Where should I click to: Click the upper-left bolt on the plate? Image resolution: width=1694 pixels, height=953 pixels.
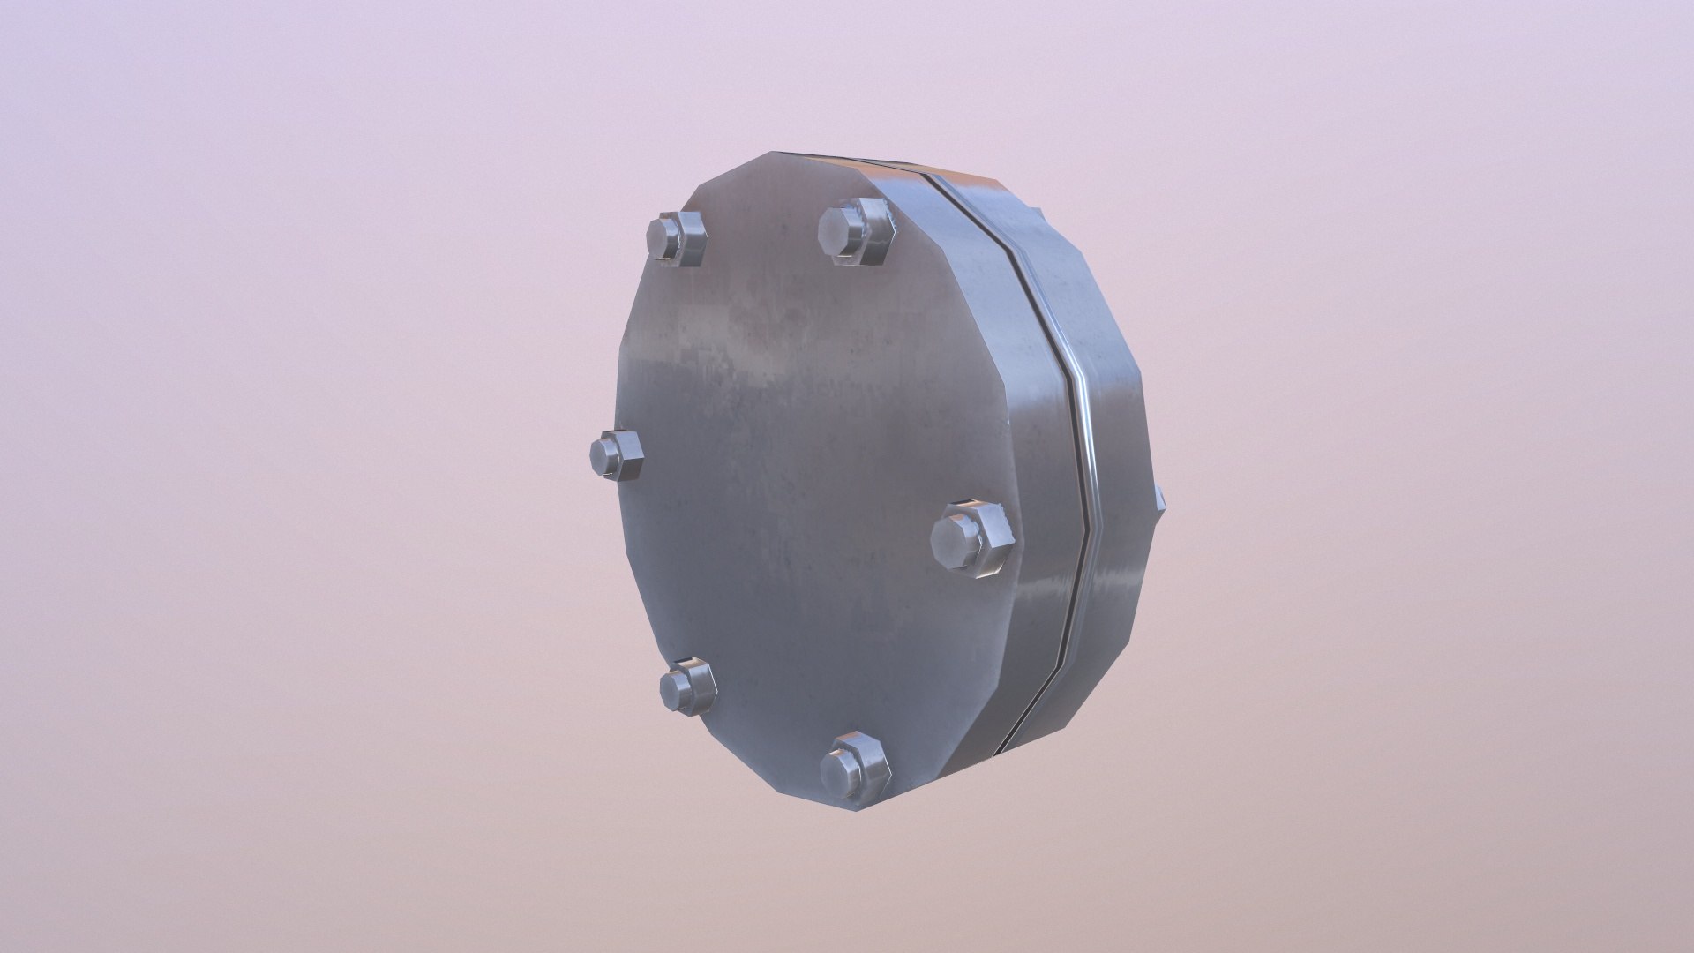(x=678, y=239)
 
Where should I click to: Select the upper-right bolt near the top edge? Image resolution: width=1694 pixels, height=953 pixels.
(x=855, y=231)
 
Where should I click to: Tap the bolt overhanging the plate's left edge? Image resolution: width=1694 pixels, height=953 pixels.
(x=617, y=455)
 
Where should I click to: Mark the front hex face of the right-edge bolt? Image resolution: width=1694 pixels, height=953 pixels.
(x=951, y=539)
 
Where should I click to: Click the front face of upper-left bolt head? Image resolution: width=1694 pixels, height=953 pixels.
(x=663, y=239)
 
